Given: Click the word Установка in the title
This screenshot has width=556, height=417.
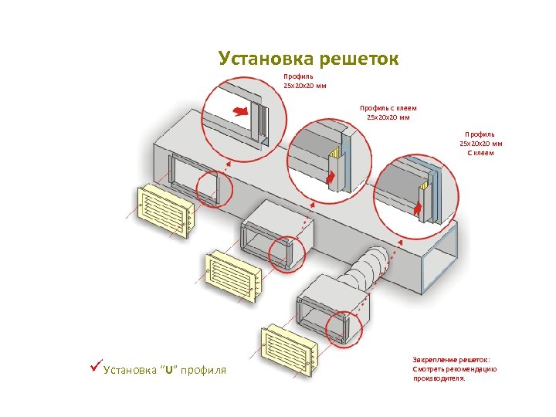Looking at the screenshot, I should tap(261, 59).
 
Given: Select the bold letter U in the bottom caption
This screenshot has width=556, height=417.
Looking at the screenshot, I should tap(169, 371).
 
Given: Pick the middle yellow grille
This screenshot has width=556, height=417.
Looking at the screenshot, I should tap(232, 276).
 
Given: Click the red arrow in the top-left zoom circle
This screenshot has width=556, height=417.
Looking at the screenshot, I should tap(242, 111).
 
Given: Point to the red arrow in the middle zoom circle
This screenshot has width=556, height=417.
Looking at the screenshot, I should tap(331, 180).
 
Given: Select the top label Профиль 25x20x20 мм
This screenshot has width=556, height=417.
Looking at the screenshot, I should tap(303, 81).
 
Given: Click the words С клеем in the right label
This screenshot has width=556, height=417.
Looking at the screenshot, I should tap(480, 152).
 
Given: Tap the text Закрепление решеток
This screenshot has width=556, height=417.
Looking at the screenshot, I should tap(452, 360).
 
